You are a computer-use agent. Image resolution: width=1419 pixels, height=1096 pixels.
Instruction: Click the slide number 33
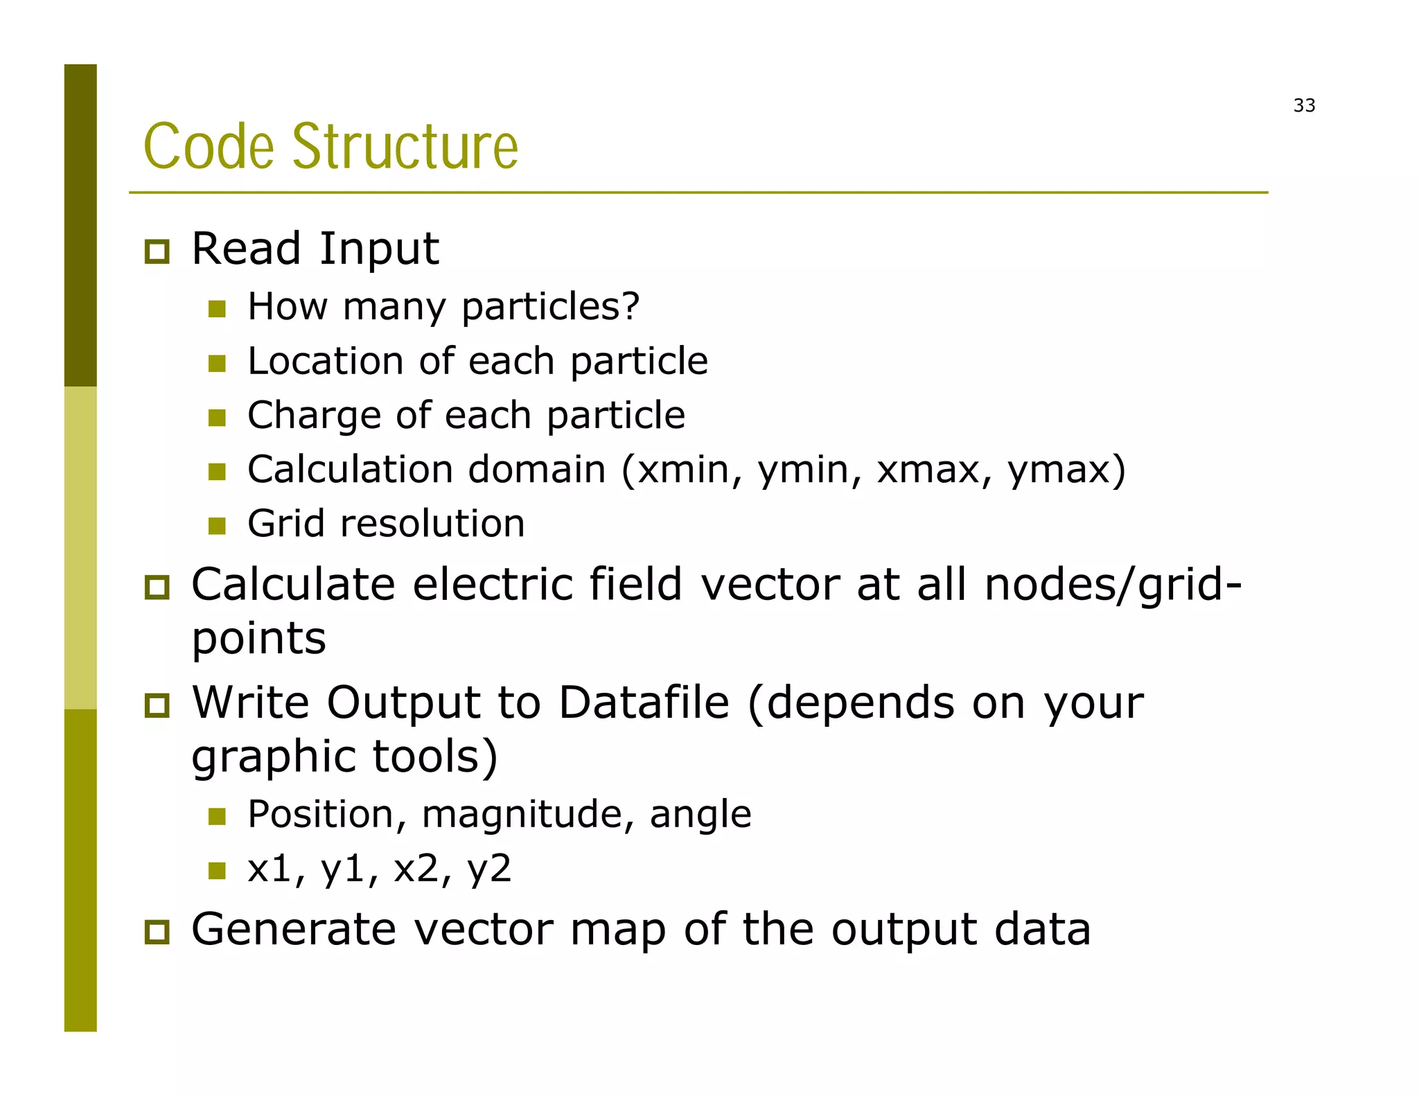click(1304, 105)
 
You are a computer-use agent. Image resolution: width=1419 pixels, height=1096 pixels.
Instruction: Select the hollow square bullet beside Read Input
click(157, 251)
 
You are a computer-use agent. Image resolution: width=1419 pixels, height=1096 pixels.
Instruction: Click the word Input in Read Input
click(379, 249)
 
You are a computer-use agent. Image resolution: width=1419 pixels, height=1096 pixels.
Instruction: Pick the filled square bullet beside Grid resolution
click(217, 526)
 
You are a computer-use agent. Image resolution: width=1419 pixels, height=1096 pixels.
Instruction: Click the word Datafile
click(644, 703)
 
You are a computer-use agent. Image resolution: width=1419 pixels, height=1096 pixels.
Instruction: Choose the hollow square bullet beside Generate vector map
click(157, 932)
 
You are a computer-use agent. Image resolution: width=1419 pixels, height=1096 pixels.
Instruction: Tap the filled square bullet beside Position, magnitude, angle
click(217, 816)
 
